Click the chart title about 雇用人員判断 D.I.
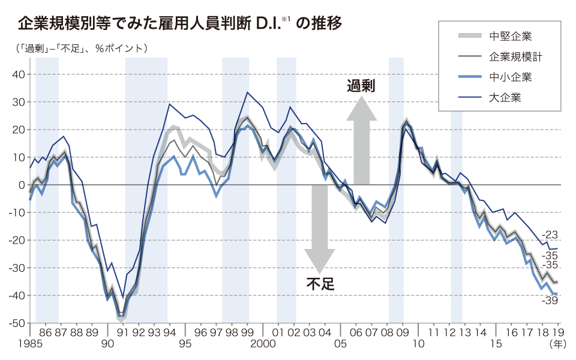click(x=180, y=24)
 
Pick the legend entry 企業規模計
click(x=517, y=57)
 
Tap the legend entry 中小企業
click(x=510, y=77)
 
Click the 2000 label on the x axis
click(x=262, y=344)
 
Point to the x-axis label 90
click(x=107, y=344)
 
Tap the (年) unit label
click(x=557, y=344)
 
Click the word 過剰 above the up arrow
click(x=361, y=86)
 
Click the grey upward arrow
click(x=361, y=141)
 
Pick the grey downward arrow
click(x=319, y=228)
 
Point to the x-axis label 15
click(x=496, y=344)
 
